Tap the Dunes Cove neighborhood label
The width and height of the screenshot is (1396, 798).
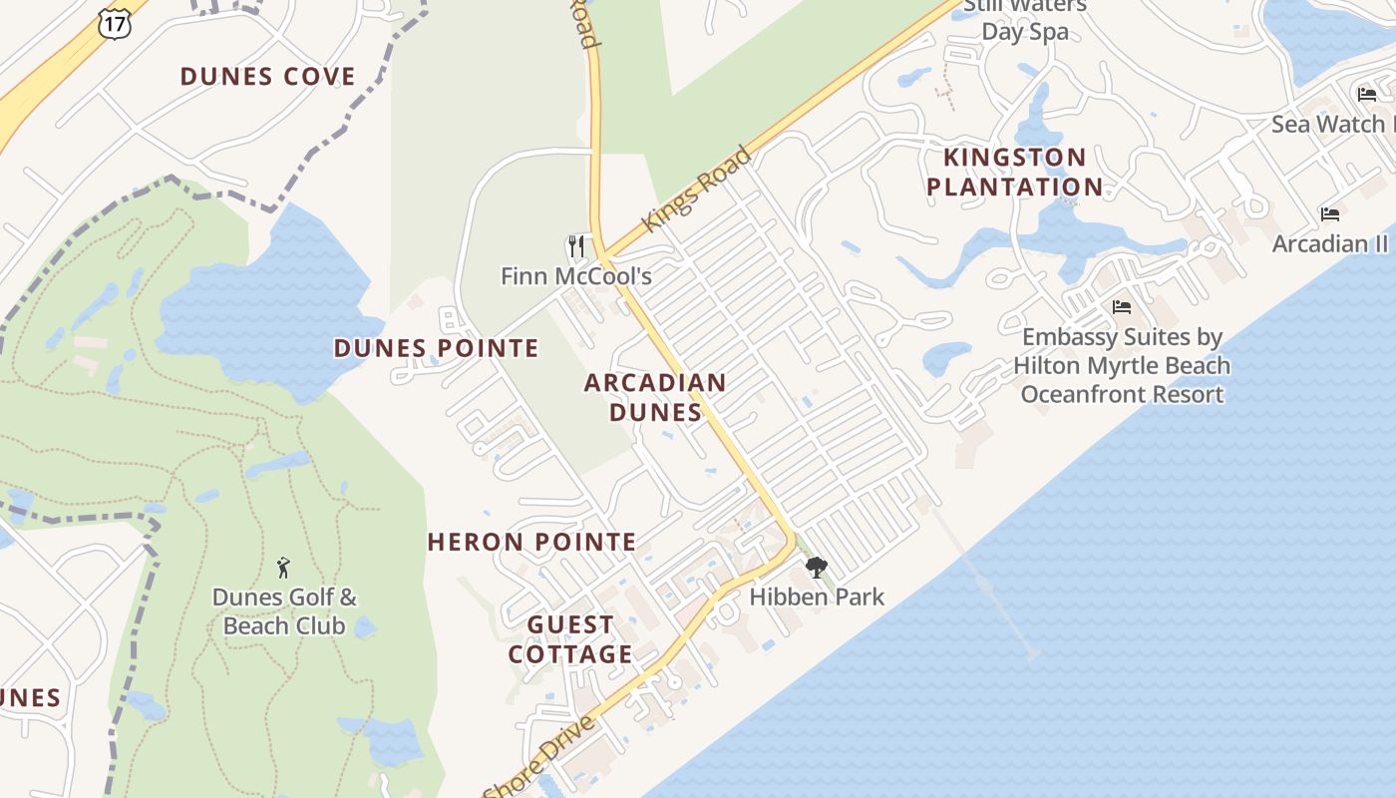267,77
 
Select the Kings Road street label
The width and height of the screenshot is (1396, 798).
697,190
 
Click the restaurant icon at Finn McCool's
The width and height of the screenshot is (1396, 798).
575,246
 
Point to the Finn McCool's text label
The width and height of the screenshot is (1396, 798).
576,276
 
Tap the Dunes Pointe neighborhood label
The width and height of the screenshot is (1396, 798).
436,348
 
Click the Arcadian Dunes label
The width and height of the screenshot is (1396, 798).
655,397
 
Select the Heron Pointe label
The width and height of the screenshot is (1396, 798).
531,543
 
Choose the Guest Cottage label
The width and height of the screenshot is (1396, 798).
570,639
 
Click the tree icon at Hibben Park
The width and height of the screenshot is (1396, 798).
817,569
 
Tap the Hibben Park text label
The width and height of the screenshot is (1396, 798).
817,597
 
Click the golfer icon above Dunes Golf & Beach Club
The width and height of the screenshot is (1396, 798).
283,569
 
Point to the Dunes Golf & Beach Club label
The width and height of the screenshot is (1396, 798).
284,611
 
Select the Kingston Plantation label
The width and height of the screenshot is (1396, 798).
1015,172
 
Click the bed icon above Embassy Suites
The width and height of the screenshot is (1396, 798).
1122,307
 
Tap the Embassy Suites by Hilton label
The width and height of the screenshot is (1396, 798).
1122,365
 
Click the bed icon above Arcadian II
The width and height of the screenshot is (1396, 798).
1329,214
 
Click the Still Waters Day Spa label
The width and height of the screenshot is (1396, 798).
1025,19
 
